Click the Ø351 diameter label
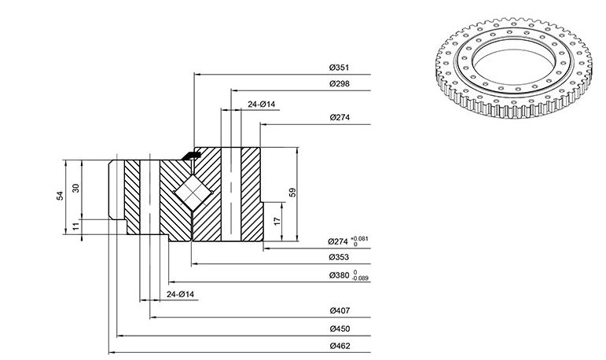pos(339,68)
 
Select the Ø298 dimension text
pos(340,83)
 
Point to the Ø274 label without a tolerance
pos(340,117)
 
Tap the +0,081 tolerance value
pos(359,238)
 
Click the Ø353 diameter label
pos(339,257)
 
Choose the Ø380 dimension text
pos(339,275)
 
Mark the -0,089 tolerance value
pos(361,278)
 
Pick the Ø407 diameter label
pos(340,310)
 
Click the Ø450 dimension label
pos(340,329)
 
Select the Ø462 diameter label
pos(340,346)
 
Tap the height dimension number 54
pos(61,196)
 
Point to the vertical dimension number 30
pos(76,188)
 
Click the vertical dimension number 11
pos(76,226)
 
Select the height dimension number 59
pos(292,192)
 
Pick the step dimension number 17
pos(277,221)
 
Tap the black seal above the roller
pos(191,156)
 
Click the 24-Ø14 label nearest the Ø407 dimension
pos(181,294)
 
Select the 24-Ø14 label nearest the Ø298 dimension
pos(261,104)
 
